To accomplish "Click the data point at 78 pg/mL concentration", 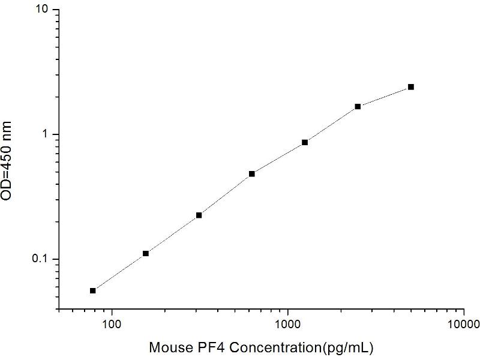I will [93, 290].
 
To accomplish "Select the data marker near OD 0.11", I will [146, 254].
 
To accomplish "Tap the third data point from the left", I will [199, 215].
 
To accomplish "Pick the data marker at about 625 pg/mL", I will [252, 174].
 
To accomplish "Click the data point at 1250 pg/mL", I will [305, 142].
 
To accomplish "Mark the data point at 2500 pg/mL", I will [358, 106].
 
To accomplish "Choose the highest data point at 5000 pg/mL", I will [411, 87].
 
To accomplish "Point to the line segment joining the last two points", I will [384, 97].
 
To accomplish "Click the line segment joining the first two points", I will [119, 272].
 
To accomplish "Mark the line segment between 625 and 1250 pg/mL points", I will [278, 158].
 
